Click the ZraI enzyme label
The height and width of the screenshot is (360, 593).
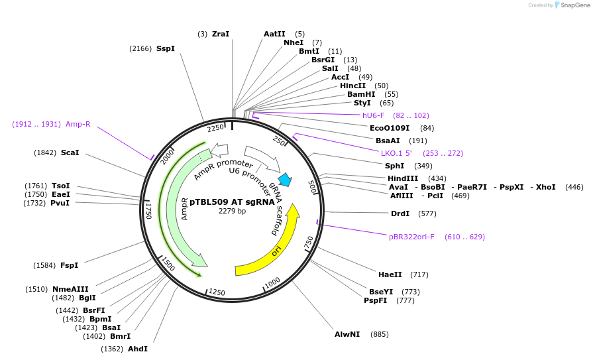pos(221,34)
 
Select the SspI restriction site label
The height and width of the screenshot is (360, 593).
pos(166,48)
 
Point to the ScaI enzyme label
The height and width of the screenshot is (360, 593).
pos(70,152)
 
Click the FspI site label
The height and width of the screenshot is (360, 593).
pos(69,265)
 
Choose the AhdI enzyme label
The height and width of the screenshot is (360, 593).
pos(137,349)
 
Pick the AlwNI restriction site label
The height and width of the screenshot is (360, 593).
pos(347,334)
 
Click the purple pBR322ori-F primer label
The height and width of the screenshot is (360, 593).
pos(411,237)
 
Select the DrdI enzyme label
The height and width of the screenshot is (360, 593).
pos(400,213)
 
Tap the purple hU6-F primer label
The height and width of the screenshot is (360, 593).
pos(373,115)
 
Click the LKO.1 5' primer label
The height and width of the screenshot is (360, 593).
pos(396,153)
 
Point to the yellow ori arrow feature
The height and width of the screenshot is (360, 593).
pos(277,250)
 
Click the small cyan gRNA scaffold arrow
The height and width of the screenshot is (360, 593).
pos(285,179)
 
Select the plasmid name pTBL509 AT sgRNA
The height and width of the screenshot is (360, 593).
pos(232,202)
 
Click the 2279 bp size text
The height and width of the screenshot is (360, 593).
pos(232,211)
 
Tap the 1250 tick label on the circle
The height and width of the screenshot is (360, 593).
pos(217,292)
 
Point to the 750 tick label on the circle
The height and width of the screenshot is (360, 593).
pos(309,243)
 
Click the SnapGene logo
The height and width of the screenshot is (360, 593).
pos(571,5)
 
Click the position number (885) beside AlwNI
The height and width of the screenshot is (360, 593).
pos(380,334)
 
